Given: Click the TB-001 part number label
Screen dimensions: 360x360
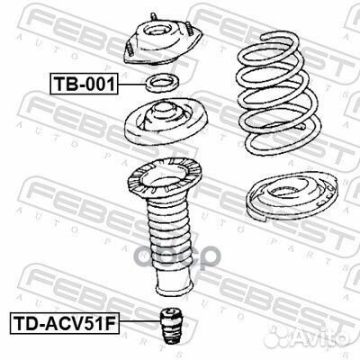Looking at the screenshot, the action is (84, 84).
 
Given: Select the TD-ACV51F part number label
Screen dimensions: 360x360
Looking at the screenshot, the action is (65, 323).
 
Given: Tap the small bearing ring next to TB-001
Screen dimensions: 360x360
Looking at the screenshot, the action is (163, 83).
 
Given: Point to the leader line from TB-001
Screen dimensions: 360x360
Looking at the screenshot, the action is (131, 84).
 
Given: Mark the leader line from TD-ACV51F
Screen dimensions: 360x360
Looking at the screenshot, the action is (139, 321).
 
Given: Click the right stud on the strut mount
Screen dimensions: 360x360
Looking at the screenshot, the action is (189, 28).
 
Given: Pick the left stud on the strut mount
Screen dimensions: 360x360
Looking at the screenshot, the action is (130, 49).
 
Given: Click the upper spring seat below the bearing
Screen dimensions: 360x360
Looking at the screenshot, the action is (166, 122).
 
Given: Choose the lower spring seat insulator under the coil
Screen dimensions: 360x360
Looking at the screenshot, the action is (292, 195).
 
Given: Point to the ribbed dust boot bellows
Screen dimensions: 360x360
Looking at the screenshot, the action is (170, 234).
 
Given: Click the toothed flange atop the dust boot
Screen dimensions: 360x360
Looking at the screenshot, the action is (165, 178).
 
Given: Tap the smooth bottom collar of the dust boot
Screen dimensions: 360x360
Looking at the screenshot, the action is (174, 283).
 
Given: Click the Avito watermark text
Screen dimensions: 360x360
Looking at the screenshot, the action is (320, 337).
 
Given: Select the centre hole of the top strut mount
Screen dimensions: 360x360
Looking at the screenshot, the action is (159, 31).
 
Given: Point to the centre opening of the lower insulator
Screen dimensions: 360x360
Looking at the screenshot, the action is (286, 192).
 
